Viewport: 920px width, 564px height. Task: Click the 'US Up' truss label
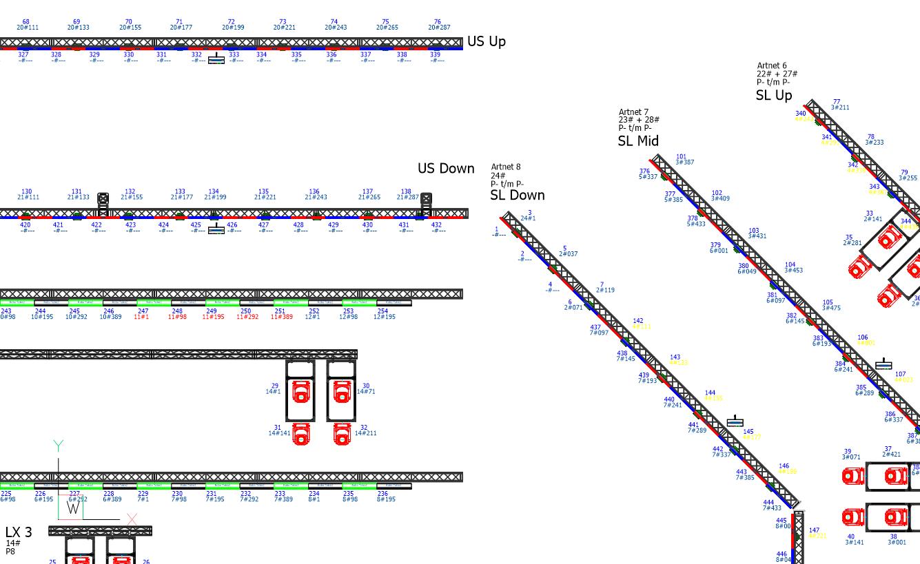486,41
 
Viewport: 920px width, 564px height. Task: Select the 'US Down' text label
446,169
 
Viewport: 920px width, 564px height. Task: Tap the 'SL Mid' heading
638,141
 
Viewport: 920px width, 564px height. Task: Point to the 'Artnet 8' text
506,167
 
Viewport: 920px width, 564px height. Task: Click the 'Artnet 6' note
772,66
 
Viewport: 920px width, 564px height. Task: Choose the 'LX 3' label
19,532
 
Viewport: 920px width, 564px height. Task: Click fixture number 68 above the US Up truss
26,22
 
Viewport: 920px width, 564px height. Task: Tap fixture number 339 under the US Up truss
436,55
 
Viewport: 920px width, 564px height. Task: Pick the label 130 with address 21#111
28,195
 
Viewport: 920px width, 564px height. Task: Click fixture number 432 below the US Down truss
436,225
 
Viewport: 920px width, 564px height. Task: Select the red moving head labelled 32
343,434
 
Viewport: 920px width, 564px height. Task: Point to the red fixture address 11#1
141,317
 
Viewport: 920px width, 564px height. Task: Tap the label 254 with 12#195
384,314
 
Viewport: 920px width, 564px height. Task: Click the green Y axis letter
59,446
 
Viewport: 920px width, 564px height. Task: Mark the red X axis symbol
132,519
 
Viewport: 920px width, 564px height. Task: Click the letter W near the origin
73,508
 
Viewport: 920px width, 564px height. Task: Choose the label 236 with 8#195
384,497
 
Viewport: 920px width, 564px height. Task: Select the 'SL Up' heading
774,96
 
